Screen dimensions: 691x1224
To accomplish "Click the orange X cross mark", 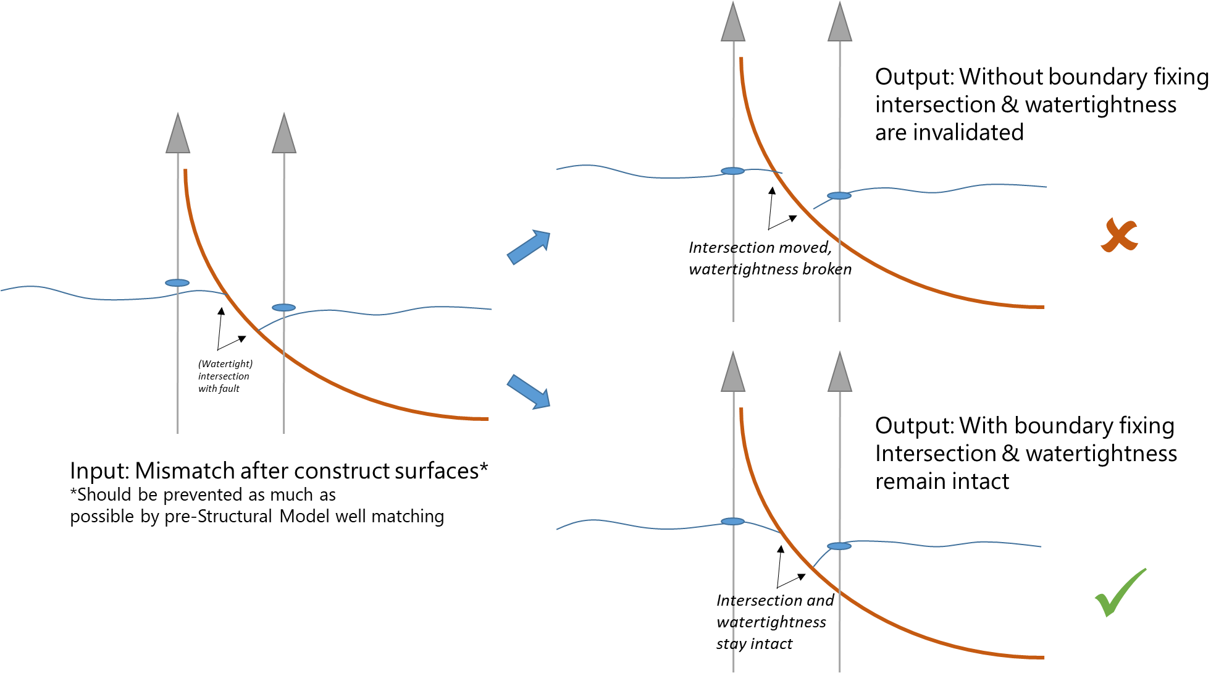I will tap(1119, 235).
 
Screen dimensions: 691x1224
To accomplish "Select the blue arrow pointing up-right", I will tap(529, 247).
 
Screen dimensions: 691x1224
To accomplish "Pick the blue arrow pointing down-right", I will tap(529, 392).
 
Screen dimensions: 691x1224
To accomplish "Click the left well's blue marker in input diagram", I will tap(177, 283).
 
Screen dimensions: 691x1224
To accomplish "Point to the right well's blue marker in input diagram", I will tap(283, 308).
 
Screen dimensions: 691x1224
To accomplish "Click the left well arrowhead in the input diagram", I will tap(178, 134).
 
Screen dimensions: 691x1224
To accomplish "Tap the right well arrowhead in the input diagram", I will tap(284, 134).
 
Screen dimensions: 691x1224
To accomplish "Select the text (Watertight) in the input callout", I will tap(225, 364).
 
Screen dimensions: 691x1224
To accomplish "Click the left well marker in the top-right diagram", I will tap(733, 171).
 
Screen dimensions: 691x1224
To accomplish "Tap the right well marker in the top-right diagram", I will tap(839, 196).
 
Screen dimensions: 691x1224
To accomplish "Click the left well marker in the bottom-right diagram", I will tap(733, 522).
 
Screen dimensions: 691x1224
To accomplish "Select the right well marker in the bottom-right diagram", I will tap(839, 546).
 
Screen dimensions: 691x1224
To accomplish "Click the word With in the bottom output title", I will tap(984, 426).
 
